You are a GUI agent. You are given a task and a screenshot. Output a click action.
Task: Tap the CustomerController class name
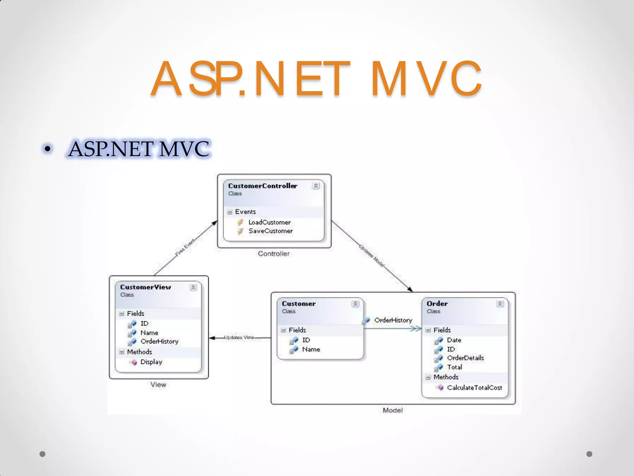point(262,186)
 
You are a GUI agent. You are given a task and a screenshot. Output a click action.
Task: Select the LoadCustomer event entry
point(269,222)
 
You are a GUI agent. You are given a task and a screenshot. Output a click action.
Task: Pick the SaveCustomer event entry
point(270,231)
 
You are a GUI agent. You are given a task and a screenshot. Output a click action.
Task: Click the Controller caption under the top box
point(274,253)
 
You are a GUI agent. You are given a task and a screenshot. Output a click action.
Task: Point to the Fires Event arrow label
point(185,247)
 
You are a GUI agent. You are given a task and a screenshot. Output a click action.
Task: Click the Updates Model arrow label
point(372,256)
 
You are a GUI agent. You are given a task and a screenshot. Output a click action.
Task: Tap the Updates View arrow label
point(239,337)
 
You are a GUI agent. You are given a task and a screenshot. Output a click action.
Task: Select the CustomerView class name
point(145,287)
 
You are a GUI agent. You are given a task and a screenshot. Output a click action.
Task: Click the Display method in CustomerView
point(151,362)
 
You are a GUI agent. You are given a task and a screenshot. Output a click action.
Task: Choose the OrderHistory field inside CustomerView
point(159,341)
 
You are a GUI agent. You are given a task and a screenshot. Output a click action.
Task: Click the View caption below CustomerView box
point(158,385)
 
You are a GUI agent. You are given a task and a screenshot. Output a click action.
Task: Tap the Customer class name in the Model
point(298,304)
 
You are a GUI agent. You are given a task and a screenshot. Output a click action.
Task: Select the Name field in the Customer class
point(311,349)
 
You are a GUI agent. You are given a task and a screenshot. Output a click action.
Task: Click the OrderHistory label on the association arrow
point(393,320)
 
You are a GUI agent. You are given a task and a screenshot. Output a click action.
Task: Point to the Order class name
point(437,304)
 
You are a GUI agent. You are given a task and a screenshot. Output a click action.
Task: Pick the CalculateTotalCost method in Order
point(474,388)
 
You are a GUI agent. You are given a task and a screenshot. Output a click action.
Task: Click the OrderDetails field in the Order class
point(465,358)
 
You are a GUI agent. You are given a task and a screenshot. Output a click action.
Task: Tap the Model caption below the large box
point(393,410)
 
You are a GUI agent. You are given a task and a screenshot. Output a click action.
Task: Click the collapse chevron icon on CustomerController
point(316,186)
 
